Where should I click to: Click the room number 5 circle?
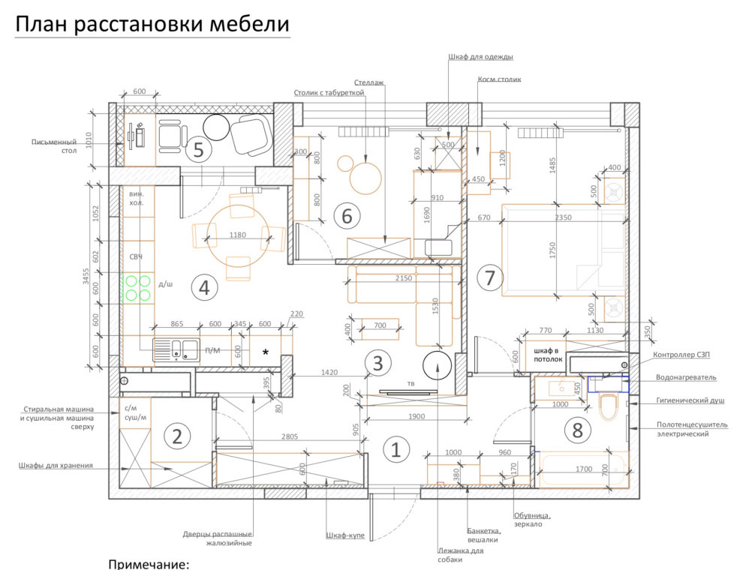198,150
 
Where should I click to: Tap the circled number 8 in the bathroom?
577,430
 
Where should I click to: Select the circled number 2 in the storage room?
176,436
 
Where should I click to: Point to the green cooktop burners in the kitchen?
137,289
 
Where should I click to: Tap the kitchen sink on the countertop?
176,349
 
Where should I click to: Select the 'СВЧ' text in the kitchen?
136,256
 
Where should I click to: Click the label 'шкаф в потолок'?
547,354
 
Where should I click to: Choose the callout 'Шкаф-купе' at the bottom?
345,535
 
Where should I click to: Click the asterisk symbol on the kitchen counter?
265,351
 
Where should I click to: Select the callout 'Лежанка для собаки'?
460,554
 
